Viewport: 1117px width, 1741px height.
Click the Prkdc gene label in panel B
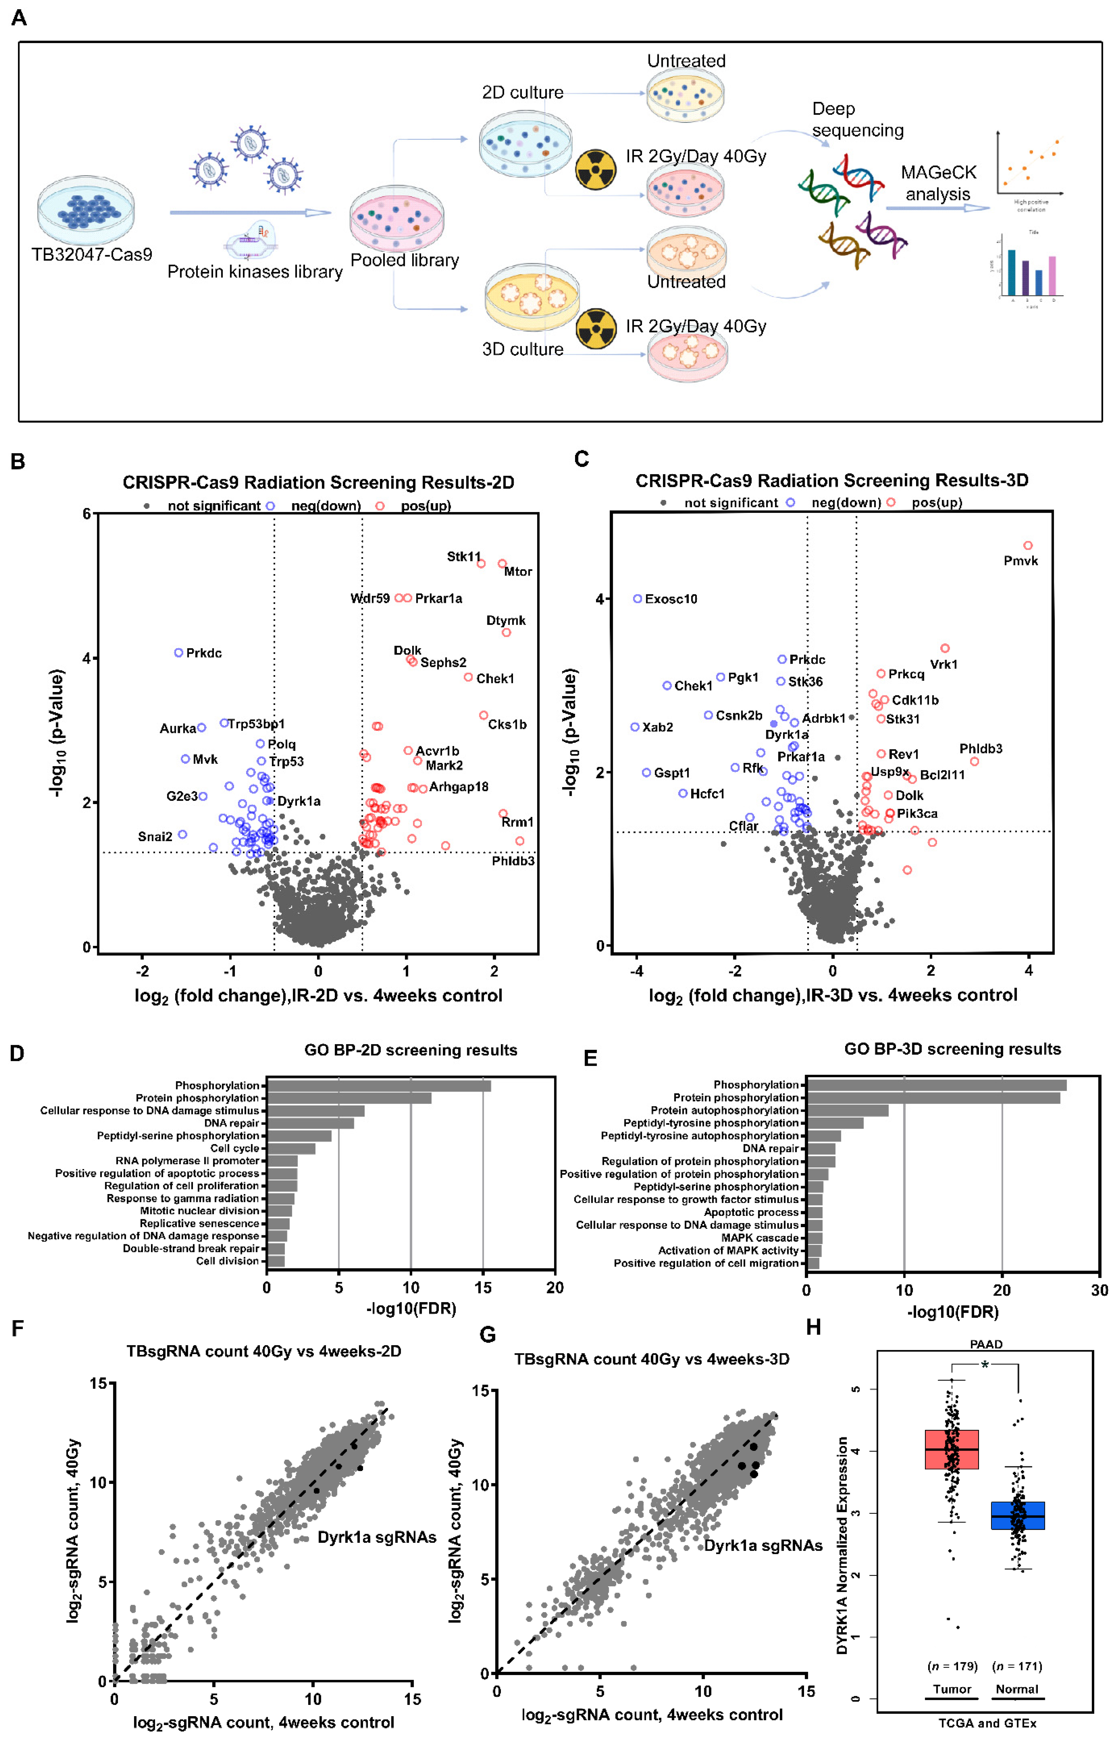[x=204, y=653]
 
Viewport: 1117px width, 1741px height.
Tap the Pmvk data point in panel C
[x=1028, y=545]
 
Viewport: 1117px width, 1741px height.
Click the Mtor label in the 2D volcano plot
[x=518, y=571]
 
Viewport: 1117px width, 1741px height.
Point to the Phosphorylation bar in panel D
[x=379, y=1086]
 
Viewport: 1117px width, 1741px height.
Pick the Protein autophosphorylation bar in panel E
[x=847, y=1110]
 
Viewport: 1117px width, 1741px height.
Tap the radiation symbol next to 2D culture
[x=595, y=170]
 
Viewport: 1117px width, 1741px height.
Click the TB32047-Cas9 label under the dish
[x=92, y=254]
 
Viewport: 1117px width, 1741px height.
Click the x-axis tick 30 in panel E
[x=1099, y=1290]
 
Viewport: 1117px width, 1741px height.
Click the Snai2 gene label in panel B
[x=155, y=837]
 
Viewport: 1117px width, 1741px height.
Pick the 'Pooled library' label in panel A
[x=405, y=260]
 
